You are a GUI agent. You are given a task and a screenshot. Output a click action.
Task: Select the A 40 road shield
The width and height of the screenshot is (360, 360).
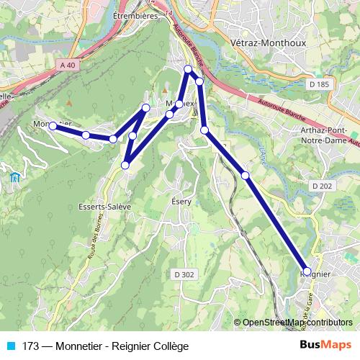tap(68, 66)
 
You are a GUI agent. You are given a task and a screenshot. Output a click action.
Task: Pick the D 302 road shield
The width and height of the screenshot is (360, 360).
tap(184, 274)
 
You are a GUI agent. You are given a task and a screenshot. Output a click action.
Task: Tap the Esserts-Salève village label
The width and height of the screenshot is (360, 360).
tap(104, 206)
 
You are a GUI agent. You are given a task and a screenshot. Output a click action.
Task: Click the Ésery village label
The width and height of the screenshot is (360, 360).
tap(181, 202)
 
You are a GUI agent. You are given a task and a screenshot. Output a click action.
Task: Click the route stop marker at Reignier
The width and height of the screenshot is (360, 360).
tap(307, 271)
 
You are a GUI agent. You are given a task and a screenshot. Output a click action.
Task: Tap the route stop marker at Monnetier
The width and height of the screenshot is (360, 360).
tap(53, 126)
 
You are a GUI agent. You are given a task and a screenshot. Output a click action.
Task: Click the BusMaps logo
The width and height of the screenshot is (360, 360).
tap(327, 346)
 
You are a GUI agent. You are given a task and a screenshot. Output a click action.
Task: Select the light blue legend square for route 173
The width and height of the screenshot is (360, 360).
tap(11, 346)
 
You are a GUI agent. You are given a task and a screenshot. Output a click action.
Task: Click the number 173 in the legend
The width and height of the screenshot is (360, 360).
tap(31, 346)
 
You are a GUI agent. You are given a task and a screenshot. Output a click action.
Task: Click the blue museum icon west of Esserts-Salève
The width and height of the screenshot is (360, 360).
tap(14, 177)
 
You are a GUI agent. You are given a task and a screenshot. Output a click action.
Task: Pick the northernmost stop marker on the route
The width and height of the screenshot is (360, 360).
tap(188, 69)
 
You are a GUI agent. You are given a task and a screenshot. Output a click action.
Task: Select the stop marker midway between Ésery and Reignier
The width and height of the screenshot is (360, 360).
tap(246, 175)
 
